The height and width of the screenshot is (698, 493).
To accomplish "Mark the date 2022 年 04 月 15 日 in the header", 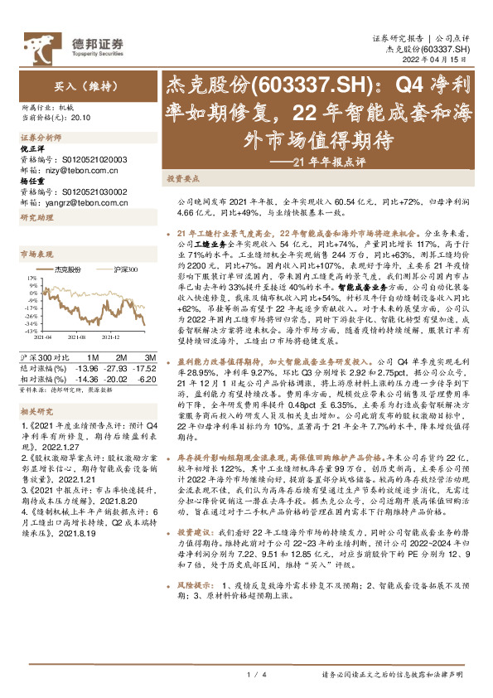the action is [x=439, y=61].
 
